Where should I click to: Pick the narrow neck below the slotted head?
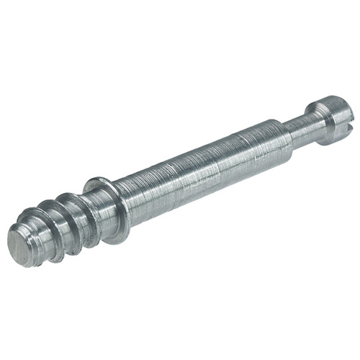click(x=300, y=120)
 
